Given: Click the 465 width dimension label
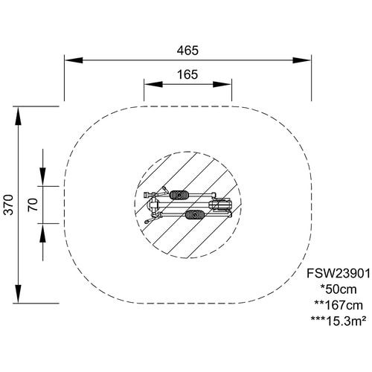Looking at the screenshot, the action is pos(187,51).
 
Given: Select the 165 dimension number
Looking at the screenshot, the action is pos(187,74).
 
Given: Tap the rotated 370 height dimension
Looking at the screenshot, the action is pos(9,205).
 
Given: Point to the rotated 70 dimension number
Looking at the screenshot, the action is pos(33,205).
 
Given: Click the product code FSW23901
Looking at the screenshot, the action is pos(339,274).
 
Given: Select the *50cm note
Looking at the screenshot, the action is pos(339,289).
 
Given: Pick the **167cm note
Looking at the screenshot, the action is pos(339,305).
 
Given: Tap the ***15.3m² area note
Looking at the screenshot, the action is pos(339,321).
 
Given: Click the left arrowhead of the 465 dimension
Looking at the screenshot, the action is pos(74,60).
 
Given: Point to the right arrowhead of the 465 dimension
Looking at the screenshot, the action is pos(302,60).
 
